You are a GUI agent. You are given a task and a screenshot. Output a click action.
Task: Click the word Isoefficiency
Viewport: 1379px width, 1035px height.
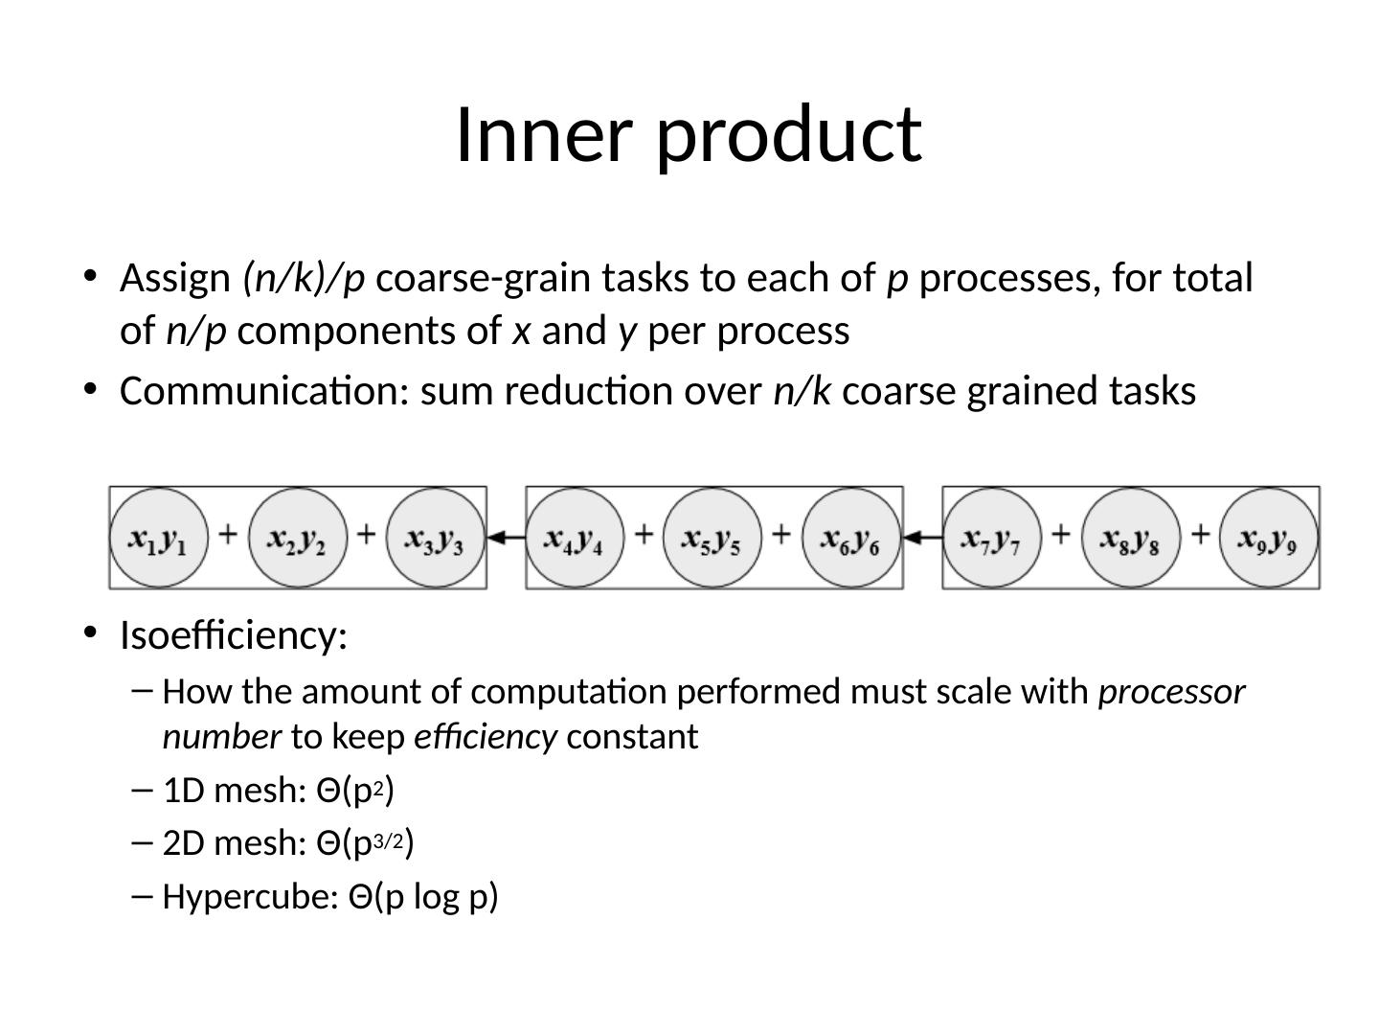233,634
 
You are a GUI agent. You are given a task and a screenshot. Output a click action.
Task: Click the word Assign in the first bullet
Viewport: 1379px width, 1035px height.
175,279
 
